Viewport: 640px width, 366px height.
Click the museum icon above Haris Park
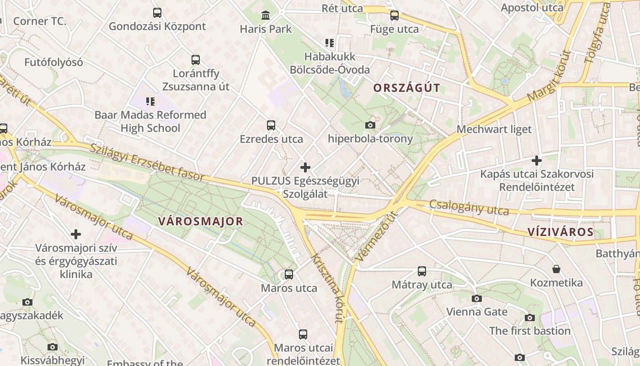266,16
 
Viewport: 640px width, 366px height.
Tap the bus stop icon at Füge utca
394,16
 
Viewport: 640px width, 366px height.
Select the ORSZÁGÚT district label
406,88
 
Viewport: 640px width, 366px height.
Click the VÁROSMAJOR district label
201,221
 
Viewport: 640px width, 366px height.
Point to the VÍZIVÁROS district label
560,232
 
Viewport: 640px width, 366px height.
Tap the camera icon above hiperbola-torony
370,125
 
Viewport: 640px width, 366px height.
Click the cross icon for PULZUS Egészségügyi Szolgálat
305,167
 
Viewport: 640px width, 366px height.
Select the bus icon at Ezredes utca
271,125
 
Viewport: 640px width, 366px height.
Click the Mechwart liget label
494,129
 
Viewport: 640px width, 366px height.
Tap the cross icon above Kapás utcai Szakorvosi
537,161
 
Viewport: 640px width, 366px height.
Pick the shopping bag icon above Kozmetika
556,269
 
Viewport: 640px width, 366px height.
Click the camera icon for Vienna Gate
477,299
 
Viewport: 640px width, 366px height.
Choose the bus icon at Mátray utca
422,271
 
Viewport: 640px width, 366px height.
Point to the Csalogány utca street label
469,208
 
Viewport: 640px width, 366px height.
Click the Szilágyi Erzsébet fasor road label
147,163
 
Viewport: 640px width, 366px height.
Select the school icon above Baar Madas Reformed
150,101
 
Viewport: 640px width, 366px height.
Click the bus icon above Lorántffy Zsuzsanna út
196,59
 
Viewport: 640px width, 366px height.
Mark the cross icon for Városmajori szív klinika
76,235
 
